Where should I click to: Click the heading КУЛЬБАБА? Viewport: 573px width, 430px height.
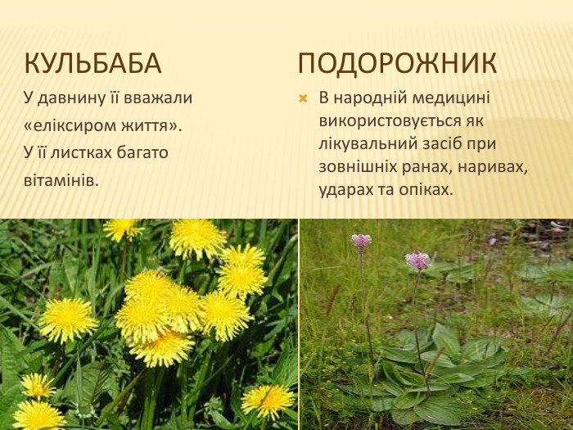point(92,63)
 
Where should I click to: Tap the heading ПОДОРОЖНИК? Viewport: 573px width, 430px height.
point(397,63)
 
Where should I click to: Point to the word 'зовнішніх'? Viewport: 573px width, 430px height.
point(357,165)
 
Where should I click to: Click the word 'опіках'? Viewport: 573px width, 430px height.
point(426,188)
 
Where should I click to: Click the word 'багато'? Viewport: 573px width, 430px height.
point(145,152)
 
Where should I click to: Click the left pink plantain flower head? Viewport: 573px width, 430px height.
point(361,240)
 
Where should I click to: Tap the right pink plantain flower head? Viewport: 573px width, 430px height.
point(417,260)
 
